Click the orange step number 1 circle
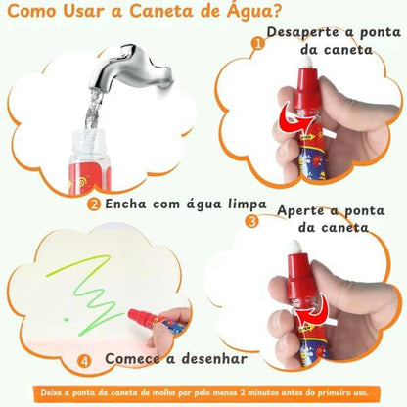[x=258, y=43]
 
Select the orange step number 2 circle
[x=94, y=204]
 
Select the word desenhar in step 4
[x=208, y=360]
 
